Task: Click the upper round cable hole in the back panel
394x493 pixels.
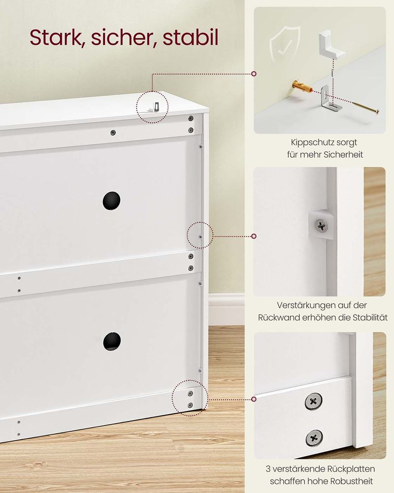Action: point(111,201)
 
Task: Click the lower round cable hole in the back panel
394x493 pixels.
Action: point(112,342)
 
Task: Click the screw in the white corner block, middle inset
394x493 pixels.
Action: point(321,225)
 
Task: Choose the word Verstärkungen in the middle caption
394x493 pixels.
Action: point(303,305)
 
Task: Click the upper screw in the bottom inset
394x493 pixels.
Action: point(313,401)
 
